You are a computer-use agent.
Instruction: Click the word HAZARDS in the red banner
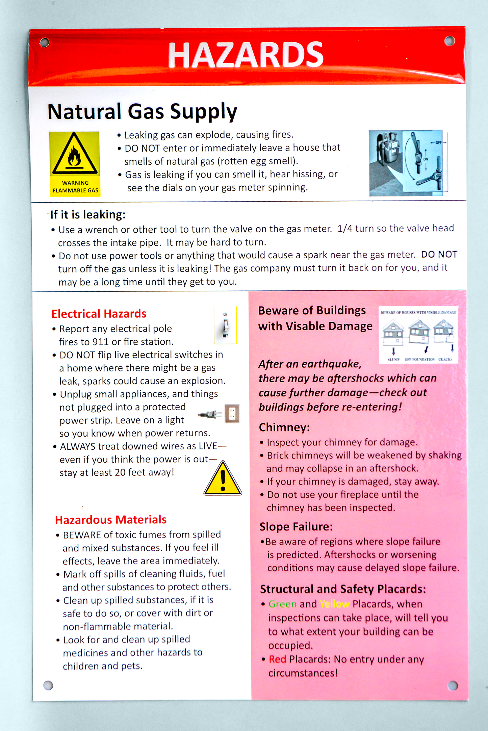pyautogui.click(x=246, y=55)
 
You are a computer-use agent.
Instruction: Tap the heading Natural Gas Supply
pyautogui.click(x=142, y=112)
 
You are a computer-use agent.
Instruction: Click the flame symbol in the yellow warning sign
pyautogui.click(x=75, y=156)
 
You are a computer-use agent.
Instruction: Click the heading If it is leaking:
pyautogui.click(x=88, y=215)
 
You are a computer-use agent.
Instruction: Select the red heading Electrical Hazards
pyautogui.click(x=99, y=314)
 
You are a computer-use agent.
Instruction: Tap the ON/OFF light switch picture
pyautogui.click(x=225, y=325)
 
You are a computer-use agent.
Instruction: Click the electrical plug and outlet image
pyautogui.click(x=219, y=414)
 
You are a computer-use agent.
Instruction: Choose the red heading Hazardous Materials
pyautogui.click(x=111, y=520)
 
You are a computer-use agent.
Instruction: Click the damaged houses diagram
pyautogui.click(x=418, y=335)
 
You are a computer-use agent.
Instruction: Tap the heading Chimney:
pyautogui.click(x=284, y=427)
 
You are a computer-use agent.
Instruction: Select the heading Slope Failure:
pyautogui.click(x=296, y=527)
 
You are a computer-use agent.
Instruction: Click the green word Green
pyautogui.click(x=282, y=604)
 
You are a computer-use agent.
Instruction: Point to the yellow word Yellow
pyautogui.click(x=334, y=604)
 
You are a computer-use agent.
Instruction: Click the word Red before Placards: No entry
pyautogui.click(x=277, y=659)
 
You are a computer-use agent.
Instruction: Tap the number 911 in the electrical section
pyautogui.click(x=100, y=342)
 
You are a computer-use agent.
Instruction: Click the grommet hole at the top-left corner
pyautogui.click(x=44, y=43)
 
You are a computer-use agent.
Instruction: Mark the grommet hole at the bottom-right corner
pyautogui.click(x=452, y=685)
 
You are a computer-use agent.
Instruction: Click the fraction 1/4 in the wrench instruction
pyautogui.click(x=344, y=229)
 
